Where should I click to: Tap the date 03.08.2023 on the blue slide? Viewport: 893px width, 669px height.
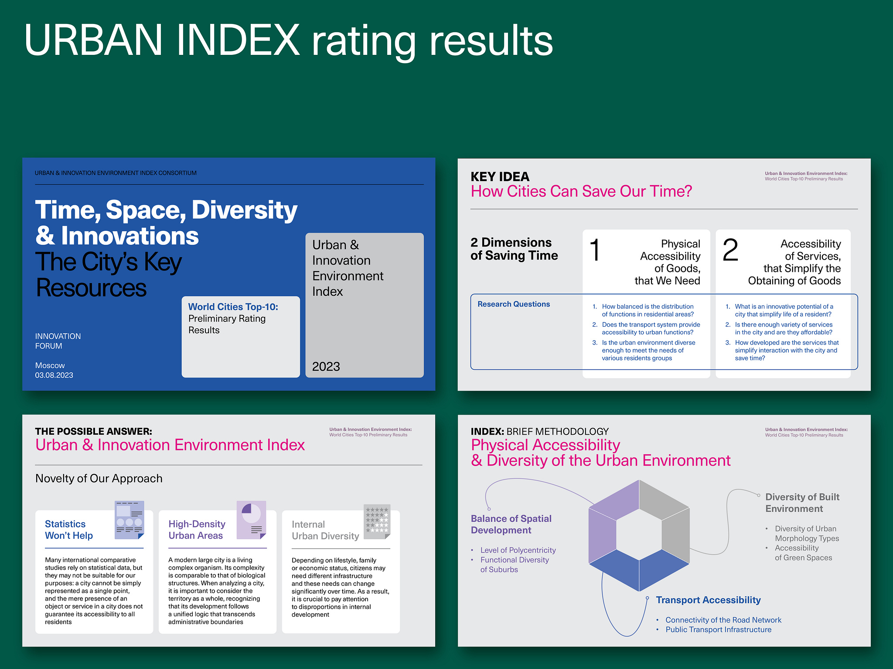(x=54, y=375)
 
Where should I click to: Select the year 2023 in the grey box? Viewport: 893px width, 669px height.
(x=326, y=366)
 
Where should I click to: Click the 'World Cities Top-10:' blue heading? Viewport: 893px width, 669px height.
(x=233, y=307)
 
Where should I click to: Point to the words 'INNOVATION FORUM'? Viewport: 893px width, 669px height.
(x=58, y=341)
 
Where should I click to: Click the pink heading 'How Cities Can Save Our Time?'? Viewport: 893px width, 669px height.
(x=581, y=191)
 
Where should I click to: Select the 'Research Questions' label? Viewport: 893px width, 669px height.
(x=513, y=304)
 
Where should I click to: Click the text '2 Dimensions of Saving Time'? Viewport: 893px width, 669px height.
(x=514, y=249)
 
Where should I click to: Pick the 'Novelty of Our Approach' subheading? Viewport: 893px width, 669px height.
(x=99, y=478)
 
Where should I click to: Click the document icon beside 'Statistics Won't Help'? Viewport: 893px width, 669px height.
(x=129, y=520)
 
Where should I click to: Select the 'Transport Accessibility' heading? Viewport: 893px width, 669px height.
(x=708, y=600)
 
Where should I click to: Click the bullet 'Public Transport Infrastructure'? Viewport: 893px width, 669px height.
(x=718, y=629)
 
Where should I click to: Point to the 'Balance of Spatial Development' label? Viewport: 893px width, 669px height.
(x=511, y=524)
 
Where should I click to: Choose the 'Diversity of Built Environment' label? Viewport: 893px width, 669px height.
(x=802, y=503)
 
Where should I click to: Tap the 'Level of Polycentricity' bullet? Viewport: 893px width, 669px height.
(x=518, y=550)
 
